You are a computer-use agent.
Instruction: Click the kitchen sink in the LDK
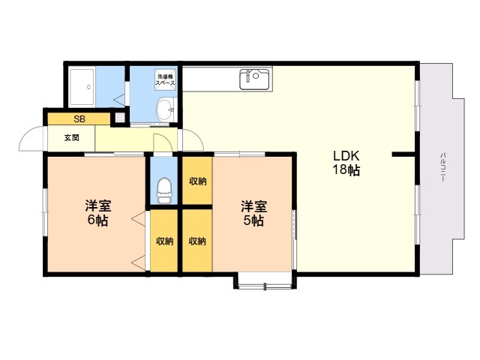click(x=254, y=79)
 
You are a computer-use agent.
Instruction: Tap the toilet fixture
click(x=163, y=190)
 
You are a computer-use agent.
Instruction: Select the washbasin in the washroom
click(x=165, y=109)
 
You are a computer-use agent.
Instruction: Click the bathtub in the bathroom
click(x=82, y=87)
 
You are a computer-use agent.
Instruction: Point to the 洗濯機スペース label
click(x=166, y=80)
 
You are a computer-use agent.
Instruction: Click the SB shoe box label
click(x=79, y=119)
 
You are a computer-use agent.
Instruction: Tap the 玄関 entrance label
click(x=72, y=138)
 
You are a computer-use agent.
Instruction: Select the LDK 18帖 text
click(x=346, y=163)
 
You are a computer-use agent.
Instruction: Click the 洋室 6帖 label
click(x=98, y=213)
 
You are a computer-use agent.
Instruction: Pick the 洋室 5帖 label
click(x=253, y=213)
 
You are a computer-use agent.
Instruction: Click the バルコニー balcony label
click(x=442, y=167)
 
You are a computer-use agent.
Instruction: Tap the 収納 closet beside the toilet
click(x=197, y=181)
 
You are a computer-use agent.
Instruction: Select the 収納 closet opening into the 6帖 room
click(x=164, y=241)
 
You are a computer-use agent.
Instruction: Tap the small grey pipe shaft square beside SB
click(x=120, y=118)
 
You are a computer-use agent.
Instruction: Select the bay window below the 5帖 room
click(x=265, y=281)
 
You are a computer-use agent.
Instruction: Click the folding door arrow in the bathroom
click(x=119, y=100)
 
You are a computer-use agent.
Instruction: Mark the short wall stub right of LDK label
click(x=403, y=154)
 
